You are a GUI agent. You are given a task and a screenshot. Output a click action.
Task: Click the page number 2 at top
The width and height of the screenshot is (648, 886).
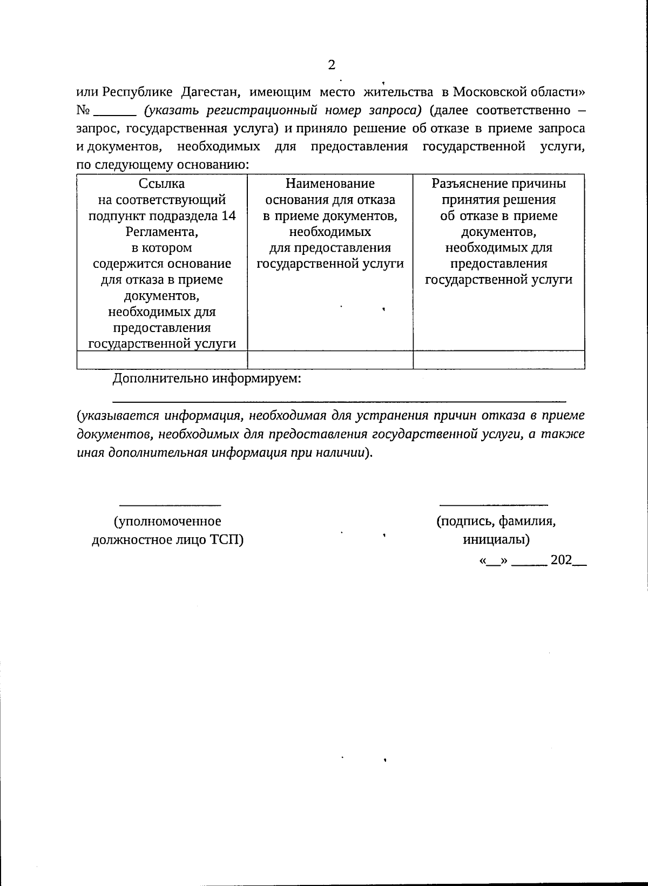pos(331,65)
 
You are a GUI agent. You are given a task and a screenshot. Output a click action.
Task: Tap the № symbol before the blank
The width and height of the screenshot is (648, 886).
pos(83,111)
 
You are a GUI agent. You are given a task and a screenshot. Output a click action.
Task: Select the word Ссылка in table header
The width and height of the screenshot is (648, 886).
pos(161,184)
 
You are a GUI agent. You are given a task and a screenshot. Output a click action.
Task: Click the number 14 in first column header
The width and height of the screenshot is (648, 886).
pos(229,216)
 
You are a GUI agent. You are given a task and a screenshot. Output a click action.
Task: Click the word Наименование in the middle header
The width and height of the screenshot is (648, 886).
pos(330,184)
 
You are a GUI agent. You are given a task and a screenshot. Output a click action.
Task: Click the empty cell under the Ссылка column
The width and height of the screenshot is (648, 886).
pos(162,360)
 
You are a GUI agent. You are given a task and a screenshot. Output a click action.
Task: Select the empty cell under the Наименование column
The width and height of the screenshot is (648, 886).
pos(330,360)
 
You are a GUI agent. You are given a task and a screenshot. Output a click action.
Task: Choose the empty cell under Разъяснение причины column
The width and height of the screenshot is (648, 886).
pos(499,360)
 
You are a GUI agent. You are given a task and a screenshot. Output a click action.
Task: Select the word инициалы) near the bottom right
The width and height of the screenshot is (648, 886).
pos(496,539)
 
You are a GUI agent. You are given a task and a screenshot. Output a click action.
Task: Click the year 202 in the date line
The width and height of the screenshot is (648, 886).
pos(561,560)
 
